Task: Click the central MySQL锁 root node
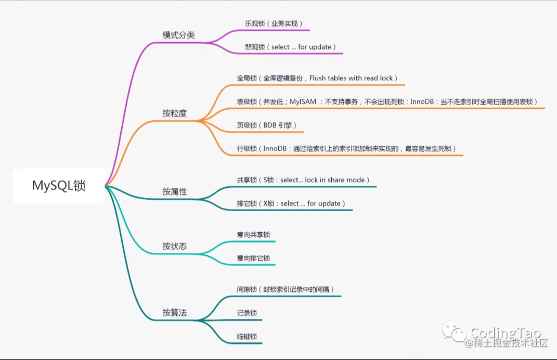click(59, 186)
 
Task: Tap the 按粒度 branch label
click(174, 113)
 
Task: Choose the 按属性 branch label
click(174, 191)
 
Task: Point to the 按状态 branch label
click(174, 246)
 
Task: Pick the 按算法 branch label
click(174, 313)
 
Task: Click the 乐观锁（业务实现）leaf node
click(274, 23)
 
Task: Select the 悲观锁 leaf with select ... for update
click(291, 47)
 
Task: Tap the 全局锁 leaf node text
click(317, 78)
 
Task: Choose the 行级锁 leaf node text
click(346, 149)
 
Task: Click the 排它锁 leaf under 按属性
click(291, 203)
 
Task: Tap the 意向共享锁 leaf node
click(253, 235)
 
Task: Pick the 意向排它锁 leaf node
click(253, 258)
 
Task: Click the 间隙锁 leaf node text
click(286, 289)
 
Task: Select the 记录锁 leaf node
click(247, 313)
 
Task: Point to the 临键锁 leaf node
click(247, 336)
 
